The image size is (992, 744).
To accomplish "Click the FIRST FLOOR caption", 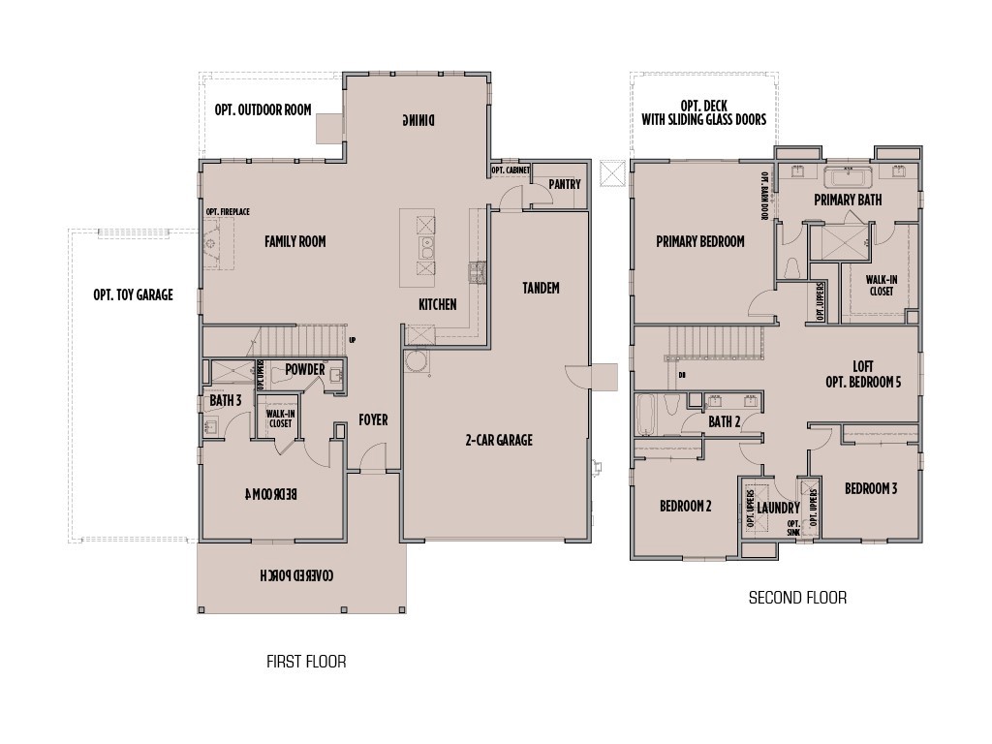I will pyautogui.click(x=306, y=663).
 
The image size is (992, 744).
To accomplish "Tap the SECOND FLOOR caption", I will pyautogui.click(x=797, y=598).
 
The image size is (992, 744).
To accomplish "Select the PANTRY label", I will pyautogui.click(x=564, y=184).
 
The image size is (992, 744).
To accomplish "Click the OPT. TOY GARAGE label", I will pyautogui.click(x=133, y=294).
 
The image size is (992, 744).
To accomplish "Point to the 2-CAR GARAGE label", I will pyautogui.click(x=498, y=440).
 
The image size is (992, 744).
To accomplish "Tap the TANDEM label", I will pyautogui.click(x=541, y=288).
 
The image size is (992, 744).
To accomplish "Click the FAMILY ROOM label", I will pyautogui.click(x=294, y=241).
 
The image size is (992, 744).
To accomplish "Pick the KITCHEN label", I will pyautogui.click(x=437, y=304).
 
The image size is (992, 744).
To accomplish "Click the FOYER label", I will pyautogui.click(x=373, y=419).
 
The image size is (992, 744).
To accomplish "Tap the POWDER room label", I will pyautogui.click(x=304, y=369).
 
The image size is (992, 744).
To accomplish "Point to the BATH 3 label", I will pyautogui.click(x=225, y=399).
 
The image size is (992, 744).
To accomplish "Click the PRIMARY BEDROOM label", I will pyautogui.click(x=699, y=241).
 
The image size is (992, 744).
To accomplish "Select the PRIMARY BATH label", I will pyautogui.click(x=848, y=200).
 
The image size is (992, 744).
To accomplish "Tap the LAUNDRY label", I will pyautogui.click(x=778, y=508).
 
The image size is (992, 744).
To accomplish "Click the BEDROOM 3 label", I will pyautogui.click(x=870, y=488).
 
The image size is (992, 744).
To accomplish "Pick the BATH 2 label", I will pyautogui.click(x=724, y=421).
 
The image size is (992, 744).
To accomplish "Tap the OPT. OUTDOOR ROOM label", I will pyautogui.click(x=263, y=110).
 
